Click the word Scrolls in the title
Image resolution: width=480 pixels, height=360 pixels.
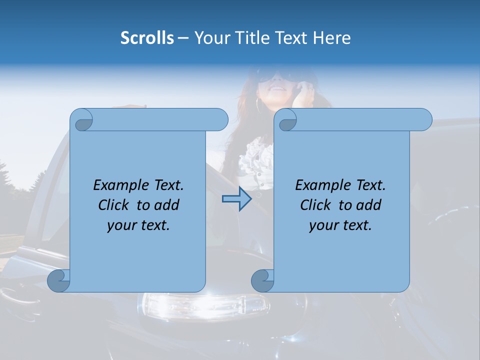tap(147, 38)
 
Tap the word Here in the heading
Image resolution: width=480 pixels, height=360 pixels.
tap(332, 38)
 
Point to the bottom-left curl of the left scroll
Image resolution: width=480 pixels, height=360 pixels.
tap(58, 280)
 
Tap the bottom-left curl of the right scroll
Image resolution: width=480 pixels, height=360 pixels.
tap(262, 280)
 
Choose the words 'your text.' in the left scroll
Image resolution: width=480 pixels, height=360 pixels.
tap(138, 225)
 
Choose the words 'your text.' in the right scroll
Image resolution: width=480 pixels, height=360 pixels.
tap(340, 225)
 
